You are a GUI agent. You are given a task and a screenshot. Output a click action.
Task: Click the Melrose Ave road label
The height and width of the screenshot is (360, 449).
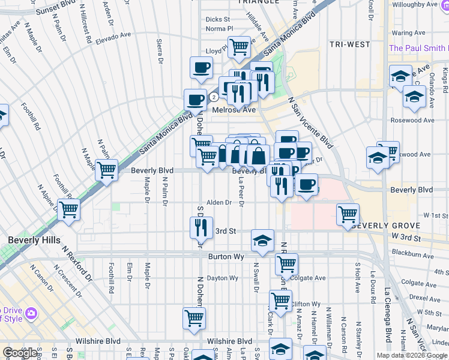(234, 110)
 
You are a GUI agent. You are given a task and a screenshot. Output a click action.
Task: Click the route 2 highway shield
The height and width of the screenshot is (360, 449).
(213, 97)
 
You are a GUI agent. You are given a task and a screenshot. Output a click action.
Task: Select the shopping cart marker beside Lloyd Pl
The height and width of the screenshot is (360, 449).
(240, 46)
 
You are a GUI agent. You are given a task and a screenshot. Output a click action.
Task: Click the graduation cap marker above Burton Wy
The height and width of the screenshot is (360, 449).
(262, 241)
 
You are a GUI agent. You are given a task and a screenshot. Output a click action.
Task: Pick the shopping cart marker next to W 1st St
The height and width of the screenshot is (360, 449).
(348, 214)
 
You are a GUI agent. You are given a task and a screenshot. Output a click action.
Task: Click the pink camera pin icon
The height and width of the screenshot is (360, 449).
(31, 313)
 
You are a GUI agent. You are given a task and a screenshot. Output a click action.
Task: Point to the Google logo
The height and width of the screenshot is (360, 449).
(20, 353)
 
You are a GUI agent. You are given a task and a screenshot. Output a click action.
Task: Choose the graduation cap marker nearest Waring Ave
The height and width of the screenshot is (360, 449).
(400, 76)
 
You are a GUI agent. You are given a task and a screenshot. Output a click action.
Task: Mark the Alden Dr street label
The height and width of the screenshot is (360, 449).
(219, 203)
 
